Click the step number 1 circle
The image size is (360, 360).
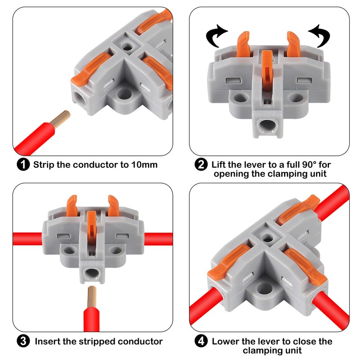[23, 164]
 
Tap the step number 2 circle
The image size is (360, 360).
[201, 164]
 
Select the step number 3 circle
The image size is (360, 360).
[23, 341]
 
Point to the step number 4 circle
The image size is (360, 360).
[201, 342]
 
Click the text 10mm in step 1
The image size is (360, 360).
[144, 164]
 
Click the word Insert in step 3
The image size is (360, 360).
[49, 341]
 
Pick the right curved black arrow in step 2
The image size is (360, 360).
[319, 36]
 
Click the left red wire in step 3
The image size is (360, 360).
[27, 238]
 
